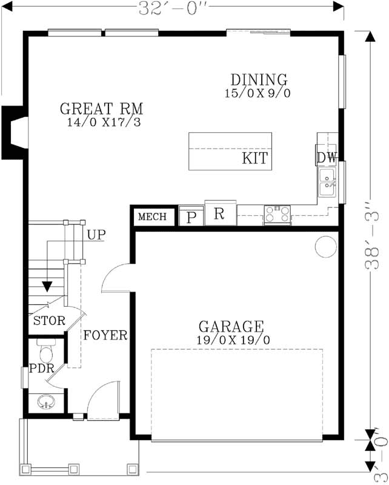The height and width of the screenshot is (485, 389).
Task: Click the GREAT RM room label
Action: click(x=101, y=109)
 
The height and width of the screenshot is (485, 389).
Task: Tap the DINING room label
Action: click(x=259, y=80)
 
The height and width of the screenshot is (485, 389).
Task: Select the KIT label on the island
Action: click(x=255, y=159)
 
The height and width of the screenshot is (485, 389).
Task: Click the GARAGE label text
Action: click(x=231, y=327)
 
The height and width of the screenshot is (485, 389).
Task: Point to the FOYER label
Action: click(x=105, y=335)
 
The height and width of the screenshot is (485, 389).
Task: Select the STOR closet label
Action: click(x=48, y=321)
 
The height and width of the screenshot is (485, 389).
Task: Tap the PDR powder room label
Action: click(x=42, y=369)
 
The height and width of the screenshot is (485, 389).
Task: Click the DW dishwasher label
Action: click(x=326, y=158)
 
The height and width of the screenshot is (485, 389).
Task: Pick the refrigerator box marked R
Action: click(x=219, y=214)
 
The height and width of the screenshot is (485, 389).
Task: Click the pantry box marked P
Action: click(x=191, y=217)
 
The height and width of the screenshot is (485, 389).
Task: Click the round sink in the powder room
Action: click(x=46, y=401)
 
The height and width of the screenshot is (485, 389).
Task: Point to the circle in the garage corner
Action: click(x=325, y=246)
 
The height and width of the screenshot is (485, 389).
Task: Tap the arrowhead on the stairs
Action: click(x=47, y=287)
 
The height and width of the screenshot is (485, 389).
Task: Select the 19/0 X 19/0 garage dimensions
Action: click(x=233, y=340)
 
